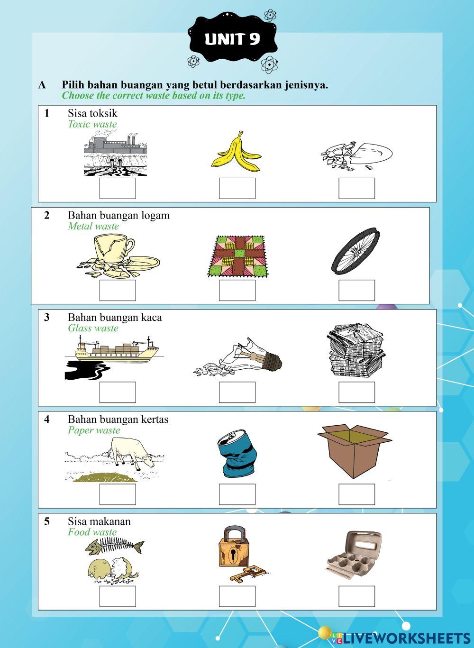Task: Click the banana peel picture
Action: point(236,153)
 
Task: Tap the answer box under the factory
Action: point(118,188)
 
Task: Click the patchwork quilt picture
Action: point(238,256)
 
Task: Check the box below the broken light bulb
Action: point(237,392)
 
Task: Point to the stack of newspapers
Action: point(356,351)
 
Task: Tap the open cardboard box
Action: point(355,451)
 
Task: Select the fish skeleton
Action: point(115,546)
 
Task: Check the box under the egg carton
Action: point(357,596)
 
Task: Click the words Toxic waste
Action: point(92,124)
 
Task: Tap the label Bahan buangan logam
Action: point(119,216)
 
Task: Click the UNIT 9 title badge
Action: point(233,39)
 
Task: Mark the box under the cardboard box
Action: point(357,494)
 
